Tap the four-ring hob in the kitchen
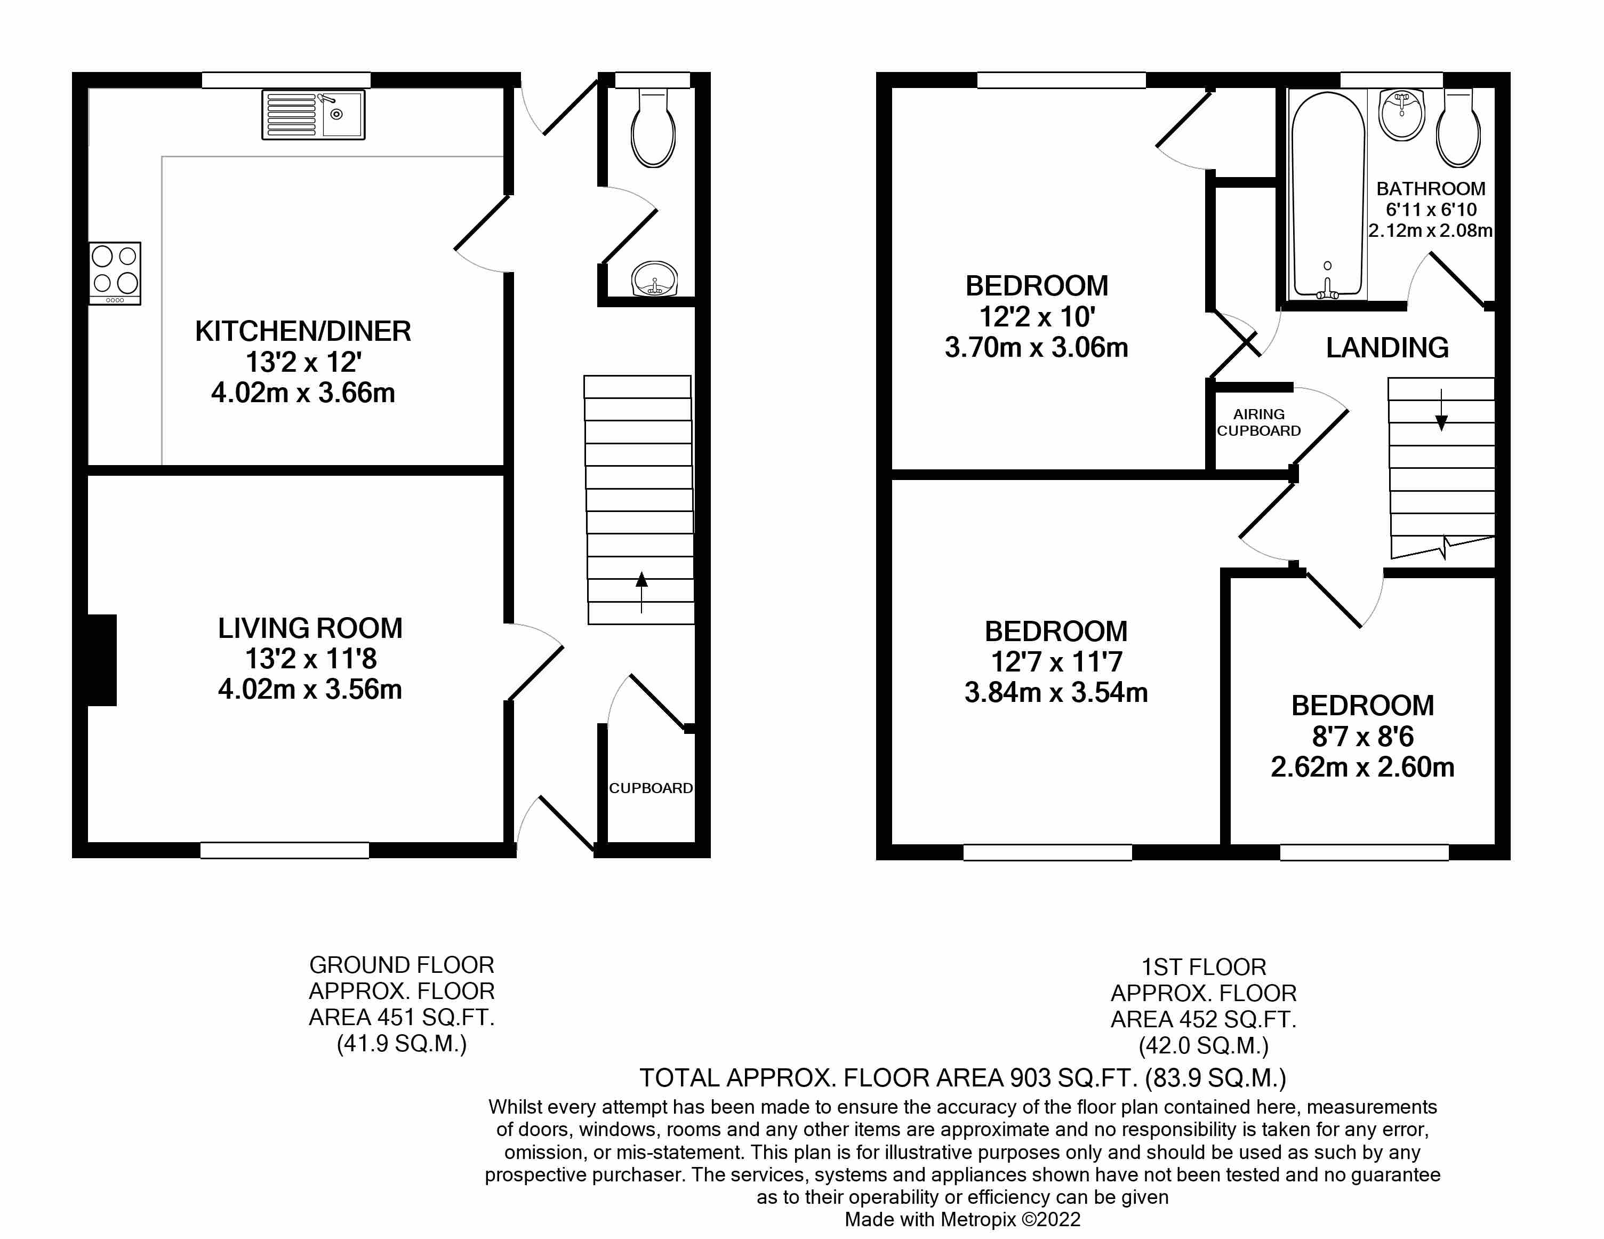[x=115, y=273]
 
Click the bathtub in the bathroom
[x=1328, y=197]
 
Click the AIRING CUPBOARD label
[x=1259, y=423]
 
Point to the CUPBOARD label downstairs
[x=651, y=788]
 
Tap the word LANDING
[x=1386, y=347]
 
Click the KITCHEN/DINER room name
[x=302, y=331]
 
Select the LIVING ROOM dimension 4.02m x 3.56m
[x=310, y=690]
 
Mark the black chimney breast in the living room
[x=101, y=660]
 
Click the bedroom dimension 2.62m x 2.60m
[x=1362, y=768]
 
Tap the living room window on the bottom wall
[x=284, y=850]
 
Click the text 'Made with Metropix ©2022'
[x=962, y=1220]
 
